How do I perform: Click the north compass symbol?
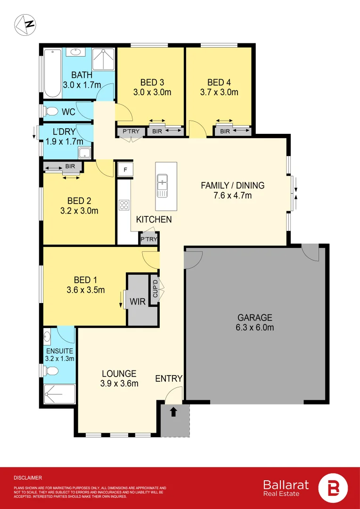point(25,25)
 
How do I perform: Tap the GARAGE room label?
point(254,318)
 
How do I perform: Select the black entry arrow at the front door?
point(173,412)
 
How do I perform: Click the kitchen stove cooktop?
point(124,205)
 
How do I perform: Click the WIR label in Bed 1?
point(137,301)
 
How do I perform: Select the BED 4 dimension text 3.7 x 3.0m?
point(222,92)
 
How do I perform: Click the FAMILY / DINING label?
point(233,185)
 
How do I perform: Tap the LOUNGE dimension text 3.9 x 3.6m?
point(119,384)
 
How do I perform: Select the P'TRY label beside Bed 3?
point(131,131)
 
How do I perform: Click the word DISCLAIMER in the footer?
point(28,477)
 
